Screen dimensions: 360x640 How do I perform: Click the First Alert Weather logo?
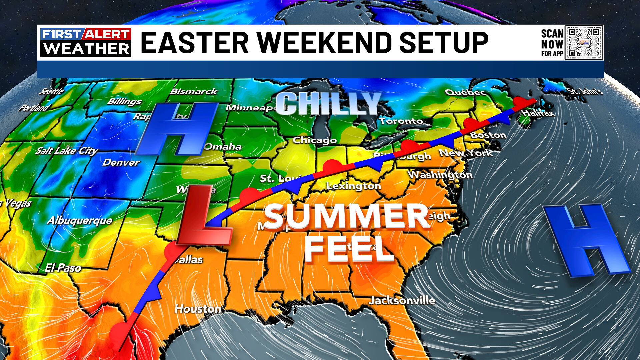86,42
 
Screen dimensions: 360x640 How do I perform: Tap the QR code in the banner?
584,42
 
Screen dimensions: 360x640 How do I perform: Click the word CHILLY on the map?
328,103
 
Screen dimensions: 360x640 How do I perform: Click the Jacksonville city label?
402,301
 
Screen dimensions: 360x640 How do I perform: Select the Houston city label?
198,309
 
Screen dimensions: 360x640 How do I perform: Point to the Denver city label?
121,163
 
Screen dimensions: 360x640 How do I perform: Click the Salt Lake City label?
67,151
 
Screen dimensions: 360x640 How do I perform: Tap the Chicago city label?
315,140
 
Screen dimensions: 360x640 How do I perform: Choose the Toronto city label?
401,121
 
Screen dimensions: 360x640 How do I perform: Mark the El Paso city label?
63,268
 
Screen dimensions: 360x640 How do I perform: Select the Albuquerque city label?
80,221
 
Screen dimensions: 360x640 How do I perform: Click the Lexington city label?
353,186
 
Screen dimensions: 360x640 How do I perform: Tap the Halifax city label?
538,113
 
